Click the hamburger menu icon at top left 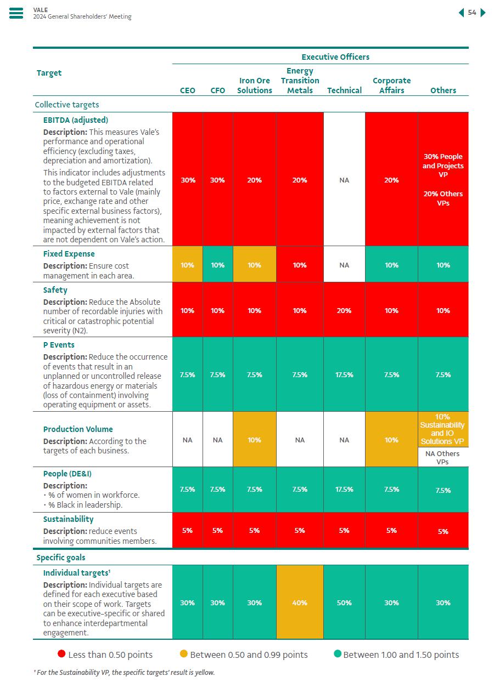(16, 13)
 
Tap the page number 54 (472, 13)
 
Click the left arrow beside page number (461, 13)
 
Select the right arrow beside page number (483, 13)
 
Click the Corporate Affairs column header (391, 85)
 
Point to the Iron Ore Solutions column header (255, 85)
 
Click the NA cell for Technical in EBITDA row (344, 180)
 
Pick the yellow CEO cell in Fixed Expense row (187, 265)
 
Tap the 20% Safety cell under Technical (344, 310)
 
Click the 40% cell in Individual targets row (300, 603)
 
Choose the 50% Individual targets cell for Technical (344, 603)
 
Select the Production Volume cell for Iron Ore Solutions (254, 440)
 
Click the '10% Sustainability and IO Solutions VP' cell (442, 429)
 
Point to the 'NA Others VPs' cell (442, 457)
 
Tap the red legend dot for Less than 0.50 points (61, 654)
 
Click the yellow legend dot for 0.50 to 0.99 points (184, 654)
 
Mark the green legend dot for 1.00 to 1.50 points (338, 654)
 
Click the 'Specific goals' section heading (61, 558)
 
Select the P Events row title (59, 345)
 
